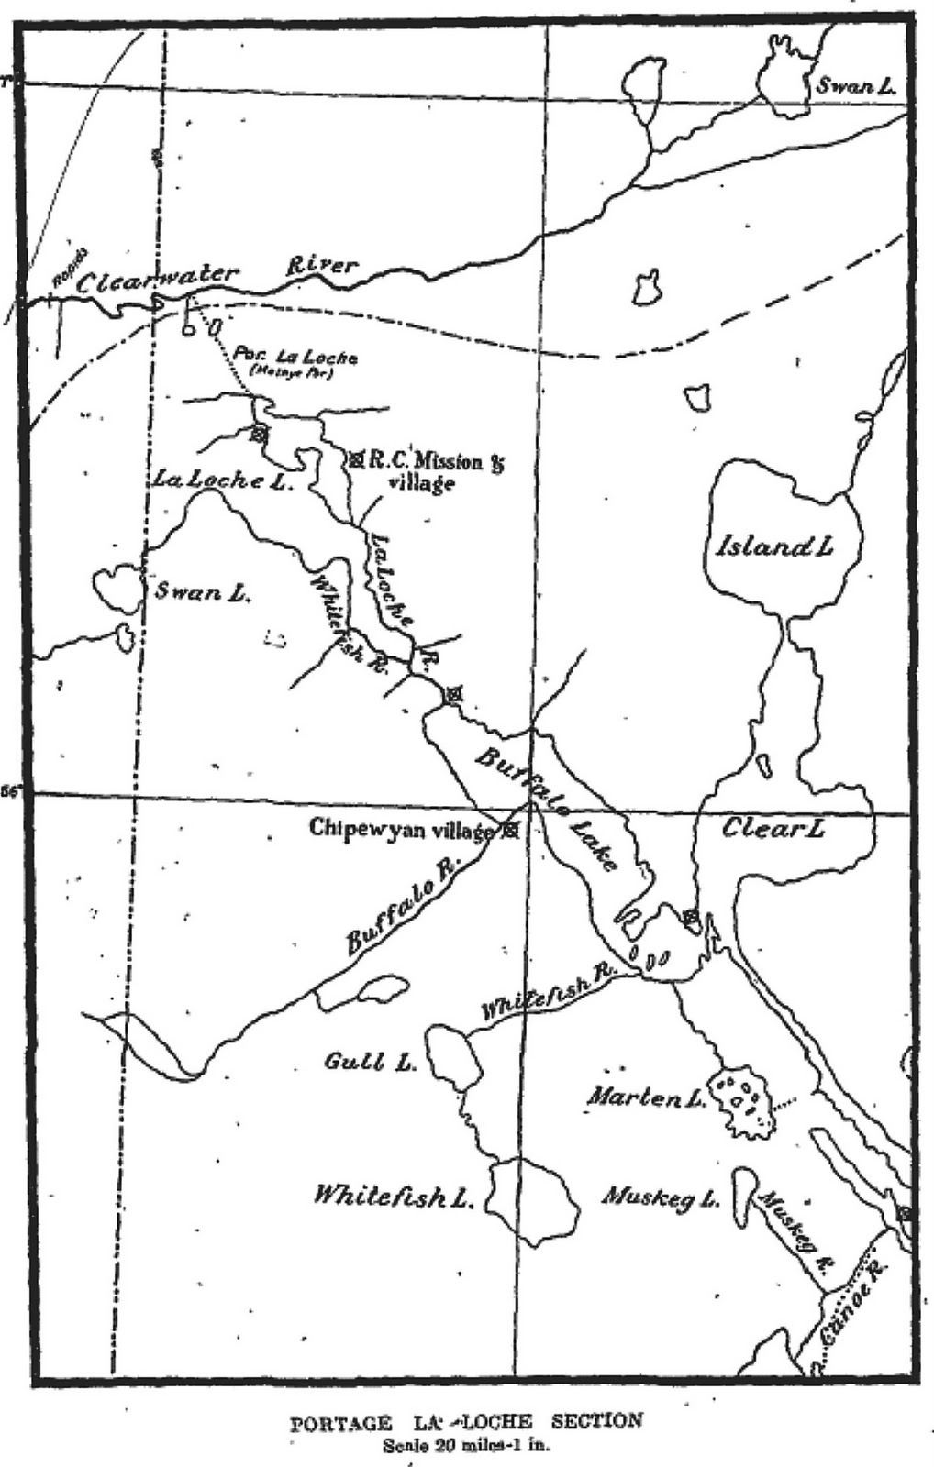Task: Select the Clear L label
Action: click(773, 829)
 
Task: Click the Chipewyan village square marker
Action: click(511, 831)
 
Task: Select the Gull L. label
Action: click(370, 1063)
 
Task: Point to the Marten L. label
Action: click(646, 1096)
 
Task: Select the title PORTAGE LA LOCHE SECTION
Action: click(466, 1422)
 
